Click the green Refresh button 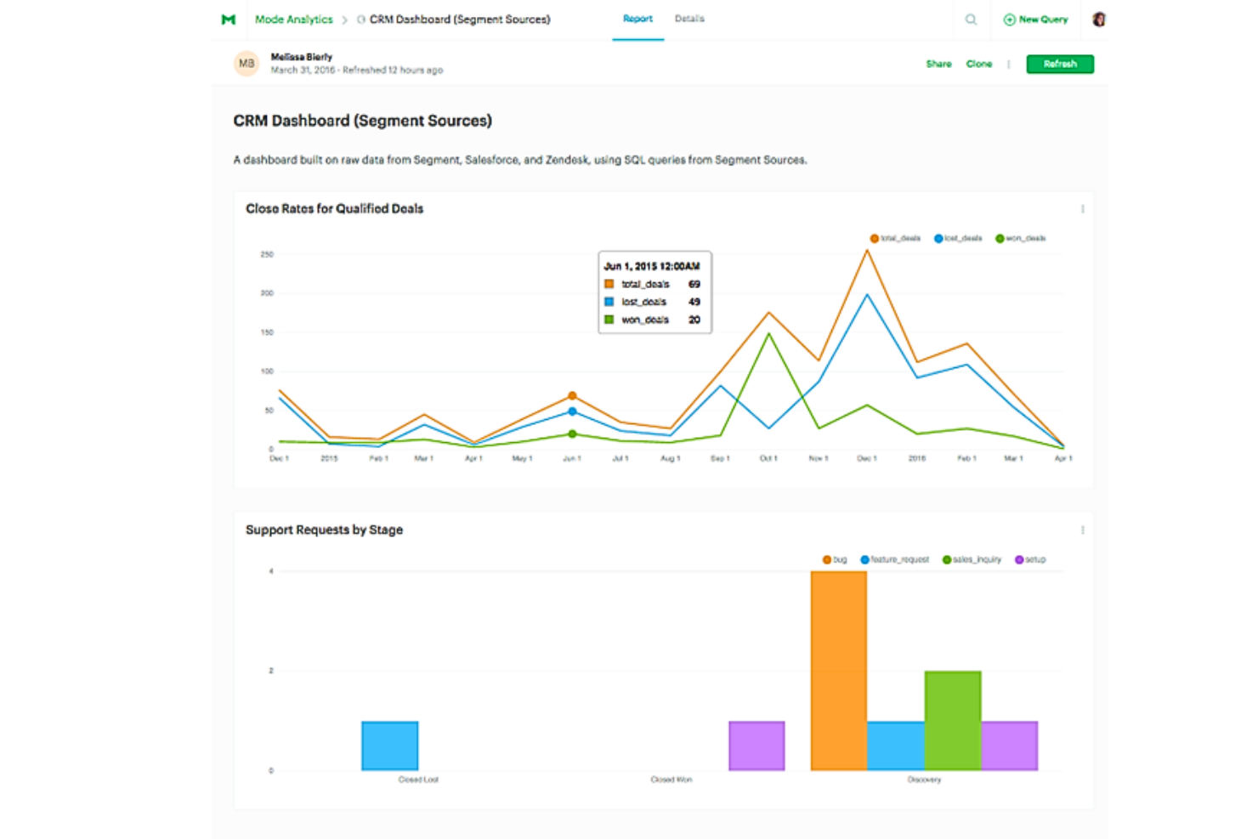pos(1059,64)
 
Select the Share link pos(938,64)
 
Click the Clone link pos(978,64)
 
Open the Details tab pos(688,19)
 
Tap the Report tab pos(637,19)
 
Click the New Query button pos(1035,20)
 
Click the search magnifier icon pos(971,20)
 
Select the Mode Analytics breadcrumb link pos(293,20)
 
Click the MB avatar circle pos(246,64)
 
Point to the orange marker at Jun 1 pos(572,396)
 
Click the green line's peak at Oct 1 pos(769,334)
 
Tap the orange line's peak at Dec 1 pos(867,251)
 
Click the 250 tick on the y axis pos(267,254)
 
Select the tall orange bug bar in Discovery pos(838,672)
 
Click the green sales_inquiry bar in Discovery pos(952,721)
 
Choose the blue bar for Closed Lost pos(389,745)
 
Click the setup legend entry pos(1030,560)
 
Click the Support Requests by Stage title pos(324,530)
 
